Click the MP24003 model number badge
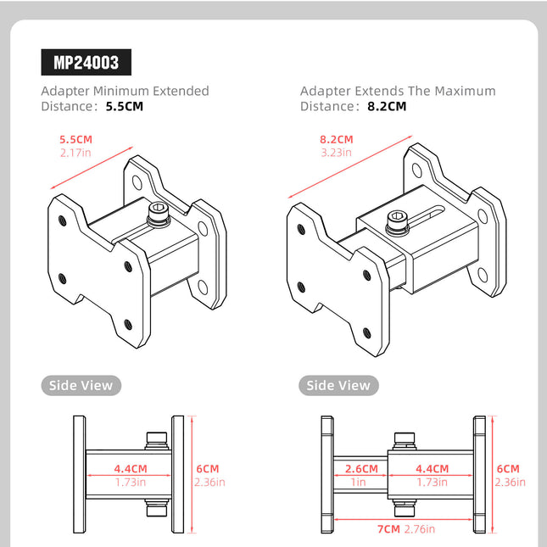pyautogui.click(x=87, y=63)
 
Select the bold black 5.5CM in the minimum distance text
pyautogui.click(x=125, y=107)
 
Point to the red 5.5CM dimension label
pyautogui.click(x=76, y=139)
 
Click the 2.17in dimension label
pyautogui.click(x=76, y=153)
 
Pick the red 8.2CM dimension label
pyautogui.click(x=337, y=139)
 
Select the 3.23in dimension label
pyautogui.click(x=337, y=153)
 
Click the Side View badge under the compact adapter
pyautogui.click(x=81, y=385)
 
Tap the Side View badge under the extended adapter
pyautogui.click(x=338, y=385)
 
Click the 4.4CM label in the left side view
pyautogui.click(x=131, y=468)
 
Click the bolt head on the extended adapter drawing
pyautogui.click(x=397, y=224)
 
